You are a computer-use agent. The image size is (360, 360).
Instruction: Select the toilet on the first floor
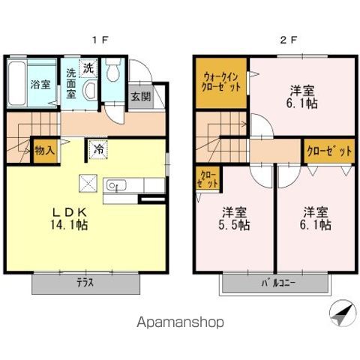(113, 73)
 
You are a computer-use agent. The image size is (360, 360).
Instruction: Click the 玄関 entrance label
(140, 96)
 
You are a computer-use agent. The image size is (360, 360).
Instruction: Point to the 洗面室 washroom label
(70, 84)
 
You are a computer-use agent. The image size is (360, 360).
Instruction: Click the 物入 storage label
(45, 151)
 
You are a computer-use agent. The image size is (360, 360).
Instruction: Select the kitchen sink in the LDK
(117, 185)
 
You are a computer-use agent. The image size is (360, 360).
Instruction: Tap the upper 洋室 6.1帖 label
(304, 98)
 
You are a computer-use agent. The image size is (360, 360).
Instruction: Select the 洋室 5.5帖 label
(235, 217)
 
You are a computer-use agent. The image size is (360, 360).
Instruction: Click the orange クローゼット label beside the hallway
(328, 151)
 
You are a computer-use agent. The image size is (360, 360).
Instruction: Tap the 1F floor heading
(97, 39)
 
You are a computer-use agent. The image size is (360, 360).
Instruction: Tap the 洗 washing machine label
(88, 67)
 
